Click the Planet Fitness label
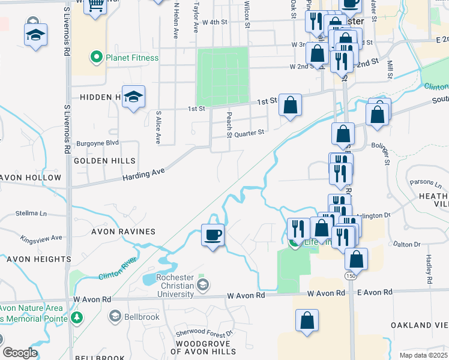pyautogui.click(x=132, y=58)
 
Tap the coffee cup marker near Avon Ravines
pyautogui.click(x=212, y=234)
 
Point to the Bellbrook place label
pyautogui.click(x=140, y=316)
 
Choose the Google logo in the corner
pyautogui.click(x=20, y=353)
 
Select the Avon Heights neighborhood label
pyautogui.click(x=36, y=259)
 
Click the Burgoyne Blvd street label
pyautogui.click(x=98, y=143)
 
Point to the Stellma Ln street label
pyautogui.click(x=31, y=213)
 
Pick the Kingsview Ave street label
pyautogui.click(x=41, y=238)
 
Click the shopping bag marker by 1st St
pyautogui.click(x=290, y=106)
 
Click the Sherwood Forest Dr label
pyautogui.click(x=204, y=333)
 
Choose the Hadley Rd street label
pyautogui.click(x=429, y=268)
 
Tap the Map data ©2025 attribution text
pyautogui.click(x=423, y=355)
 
